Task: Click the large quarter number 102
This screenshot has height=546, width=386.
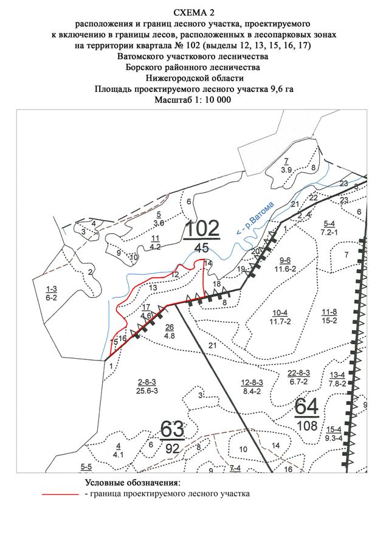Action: pyautogui.click(x=202, y=228)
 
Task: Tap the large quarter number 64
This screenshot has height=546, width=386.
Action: pyautogui.click(x=308, y=406)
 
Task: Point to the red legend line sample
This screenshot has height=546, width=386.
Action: pyautogui.click(x=61, y=495)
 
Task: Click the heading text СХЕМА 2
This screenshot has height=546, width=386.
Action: pyautogui.click(x=194, y=12)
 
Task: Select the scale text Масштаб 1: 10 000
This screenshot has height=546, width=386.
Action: pyautogui.click(x=193, y=100)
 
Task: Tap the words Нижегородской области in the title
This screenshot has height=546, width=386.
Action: pyautogui.click(x=194, y=78)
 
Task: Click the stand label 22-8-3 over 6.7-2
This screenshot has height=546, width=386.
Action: pyautogui.click(x=299, y=377)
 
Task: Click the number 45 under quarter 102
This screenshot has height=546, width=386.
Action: pyautogui.click(x=202, y=247)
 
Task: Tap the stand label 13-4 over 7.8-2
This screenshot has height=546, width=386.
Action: pyautogui.click(x=337, y=379)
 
